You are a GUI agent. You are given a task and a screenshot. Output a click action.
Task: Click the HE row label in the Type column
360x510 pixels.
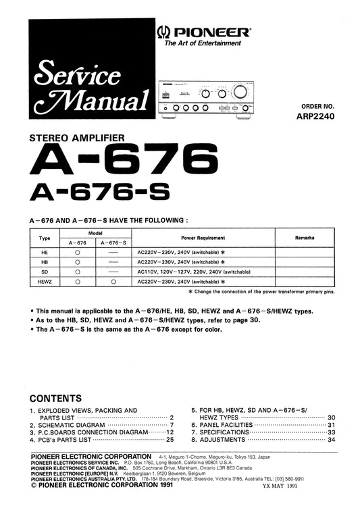point(45,251)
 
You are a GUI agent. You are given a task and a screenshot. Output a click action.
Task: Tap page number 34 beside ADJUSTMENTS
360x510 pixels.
point(331,440)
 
